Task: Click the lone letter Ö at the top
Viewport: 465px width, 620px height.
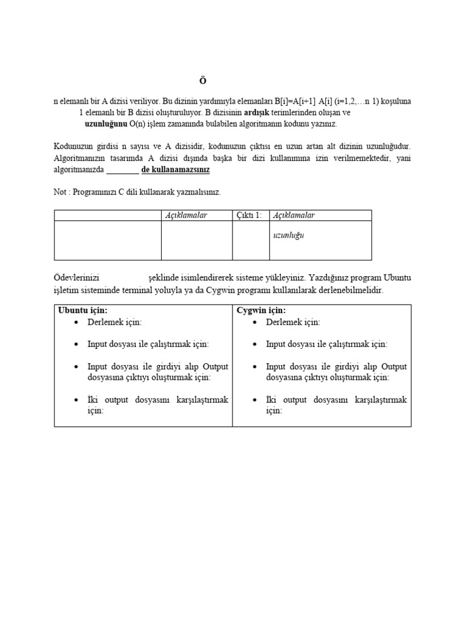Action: (203, 81)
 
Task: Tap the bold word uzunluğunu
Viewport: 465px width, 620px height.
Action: (106, 124)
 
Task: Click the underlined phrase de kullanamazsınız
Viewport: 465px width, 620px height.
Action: (176, 170)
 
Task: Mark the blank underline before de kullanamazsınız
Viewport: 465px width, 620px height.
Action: (123, 170)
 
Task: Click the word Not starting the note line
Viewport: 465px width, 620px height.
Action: (61, 192)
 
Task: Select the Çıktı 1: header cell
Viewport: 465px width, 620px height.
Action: (250, 216)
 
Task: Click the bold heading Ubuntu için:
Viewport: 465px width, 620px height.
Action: (83, 311)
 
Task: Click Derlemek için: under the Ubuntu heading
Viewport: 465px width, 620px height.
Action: (114, 322)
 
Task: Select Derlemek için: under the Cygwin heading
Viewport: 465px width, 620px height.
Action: (293, 322)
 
